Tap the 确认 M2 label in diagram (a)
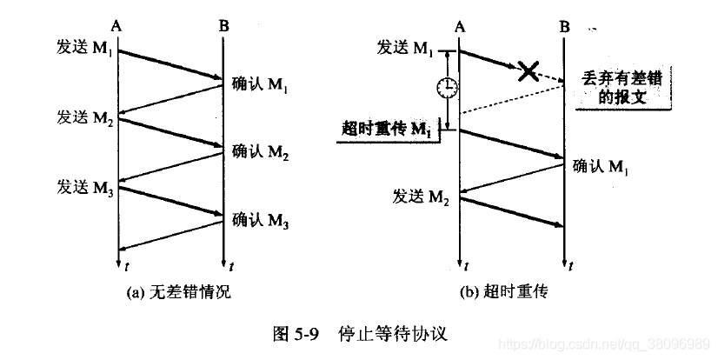coord(261,152)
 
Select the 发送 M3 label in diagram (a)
coord(85,187)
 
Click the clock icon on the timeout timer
coord(447,87)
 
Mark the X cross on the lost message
coord(527,71)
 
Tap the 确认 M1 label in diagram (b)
coord(602,166)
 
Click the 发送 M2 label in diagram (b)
coord(422,197)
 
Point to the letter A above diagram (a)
coord(118,27)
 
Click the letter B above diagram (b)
coord(564,27)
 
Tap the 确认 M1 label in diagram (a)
coord(261,85)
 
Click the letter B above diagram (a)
coord(224,27)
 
